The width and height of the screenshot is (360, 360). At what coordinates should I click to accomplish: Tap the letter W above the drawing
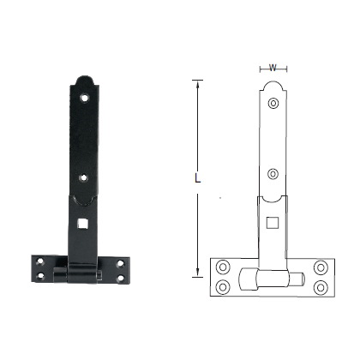(x=273, y=67)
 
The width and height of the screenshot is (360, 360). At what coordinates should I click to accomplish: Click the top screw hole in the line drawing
(x=273, y=104)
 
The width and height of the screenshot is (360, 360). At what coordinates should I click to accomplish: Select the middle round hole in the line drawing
(x=273, y=171)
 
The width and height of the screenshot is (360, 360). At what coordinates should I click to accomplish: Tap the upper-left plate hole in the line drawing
(x=224, y=266)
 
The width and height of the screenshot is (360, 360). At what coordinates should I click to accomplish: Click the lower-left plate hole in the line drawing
(x=224, y=285)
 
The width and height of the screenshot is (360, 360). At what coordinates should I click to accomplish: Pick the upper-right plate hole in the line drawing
(x=321, y=266)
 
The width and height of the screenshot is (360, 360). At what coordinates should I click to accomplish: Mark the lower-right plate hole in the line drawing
(x=321, y=285)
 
